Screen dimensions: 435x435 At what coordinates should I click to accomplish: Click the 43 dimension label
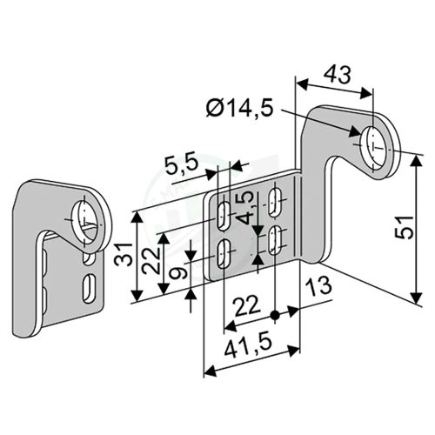[337, 76]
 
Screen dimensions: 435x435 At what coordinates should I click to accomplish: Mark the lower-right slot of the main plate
[277, 240]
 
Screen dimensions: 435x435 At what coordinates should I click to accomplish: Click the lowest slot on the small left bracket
[89, 286]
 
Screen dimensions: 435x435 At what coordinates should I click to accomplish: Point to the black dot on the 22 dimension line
[275, 315]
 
